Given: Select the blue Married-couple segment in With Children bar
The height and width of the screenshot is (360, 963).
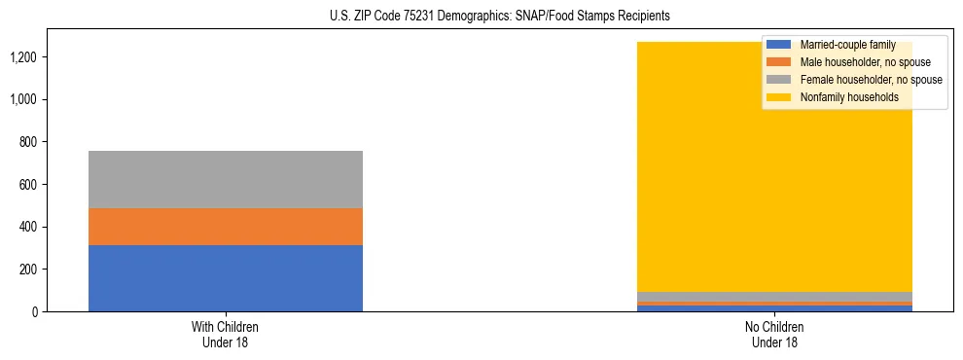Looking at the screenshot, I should pyautogui.click(x=225, y=278).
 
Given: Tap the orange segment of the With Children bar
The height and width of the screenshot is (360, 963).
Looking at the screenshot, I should pyautogui.click(x=225, y=227).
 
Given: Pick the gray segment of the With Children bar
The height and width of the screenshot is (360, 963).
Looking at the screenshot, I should pyautogui.click(x=225, y=179).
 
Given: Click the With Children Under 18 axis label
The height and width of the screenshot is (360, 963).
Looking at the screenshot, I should pyautogui.click(x=225, y=334).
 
